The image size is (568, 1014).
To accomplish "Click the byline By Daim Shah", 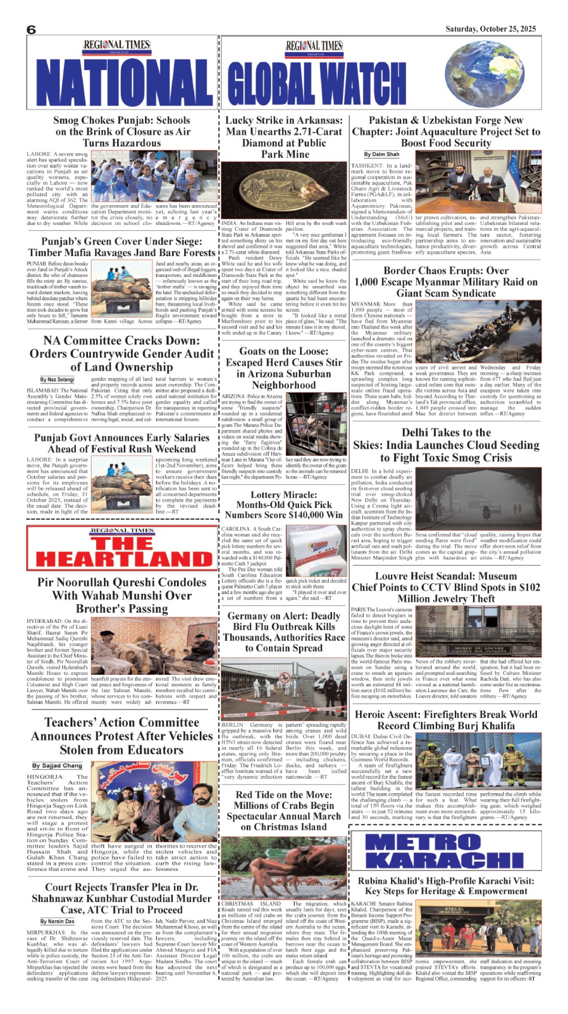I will pos(381,154).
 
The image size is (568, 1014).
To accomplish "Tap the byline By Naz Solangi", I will pos(57,379).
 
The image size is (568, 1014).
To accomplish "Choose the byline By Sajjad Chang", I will pos(57,765).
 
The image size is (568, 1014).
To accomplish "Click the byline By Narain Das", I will pos(57,921).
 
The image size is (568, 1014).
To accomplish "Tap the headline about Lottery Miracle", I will pos(283,504).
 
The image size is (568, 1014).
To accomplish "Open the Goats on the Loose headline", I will pos(283,368).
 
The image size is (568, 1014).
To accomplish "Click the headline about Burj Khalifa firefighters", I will pos(446,720).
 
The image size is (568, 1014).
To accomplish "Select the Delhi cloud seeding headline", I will pos(446,445).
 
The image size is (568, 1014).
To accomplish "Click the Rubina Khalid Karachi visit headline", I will pos(446,885).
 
